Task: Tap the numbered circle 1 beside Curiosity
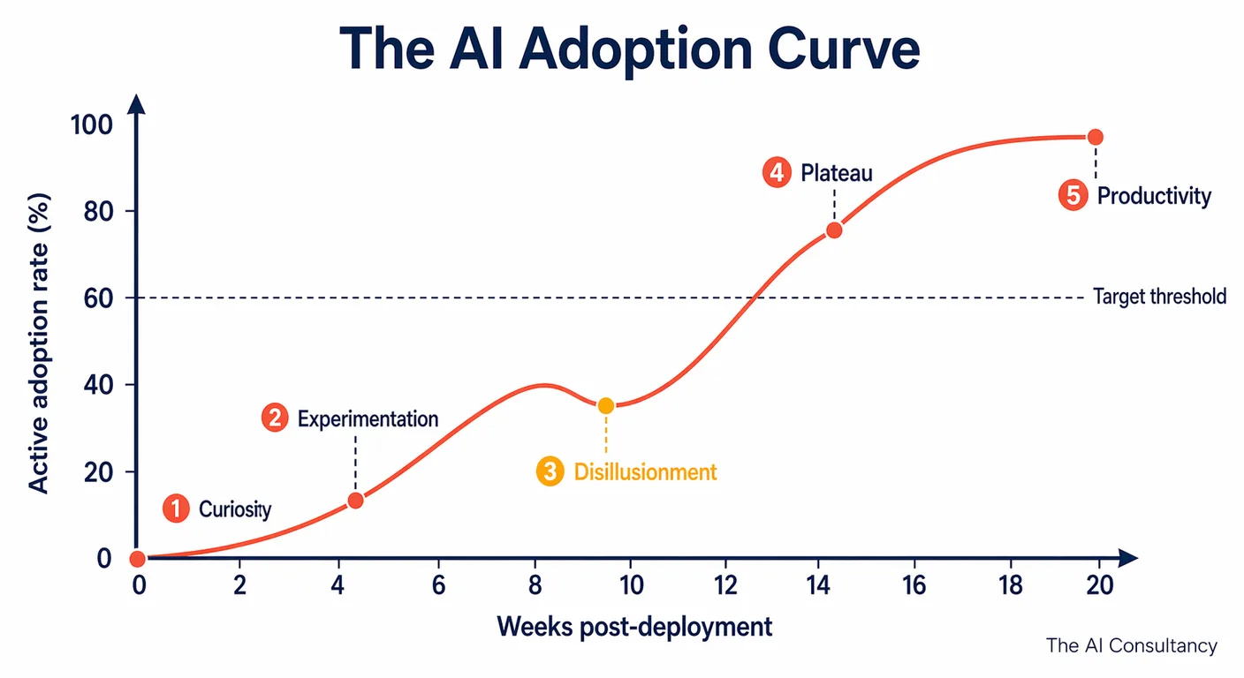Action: [x=177, y=508]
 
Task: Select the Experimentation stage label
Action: [x=368, y=418]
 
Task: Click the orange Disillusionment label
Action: [x=645, y=472]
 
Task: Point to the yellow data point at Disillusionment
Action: [x=605, y=406]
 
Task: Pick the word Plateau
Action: [x=836, y=173]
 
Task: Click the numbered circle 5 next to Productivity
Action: [x=1073, y=195]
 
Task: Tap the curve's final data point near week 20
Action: [x=1095, y=137]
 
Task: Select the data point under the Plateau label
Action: [x=833, y=230]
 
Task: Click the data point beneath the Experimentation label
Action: [x=355, y=501]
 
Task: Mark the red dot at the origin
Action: [x=137, y=559]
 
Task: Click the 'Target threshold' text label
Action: [x=1159, y=297]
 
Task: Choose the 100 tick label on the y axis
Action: [x=91, y=124]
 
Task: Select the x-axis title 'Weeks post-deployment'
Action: [x=633, y=627]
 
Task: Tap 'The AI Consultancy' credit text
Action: [x=1131, y=646]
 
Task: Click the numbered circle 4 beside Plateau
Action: [x=776, y=173]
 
